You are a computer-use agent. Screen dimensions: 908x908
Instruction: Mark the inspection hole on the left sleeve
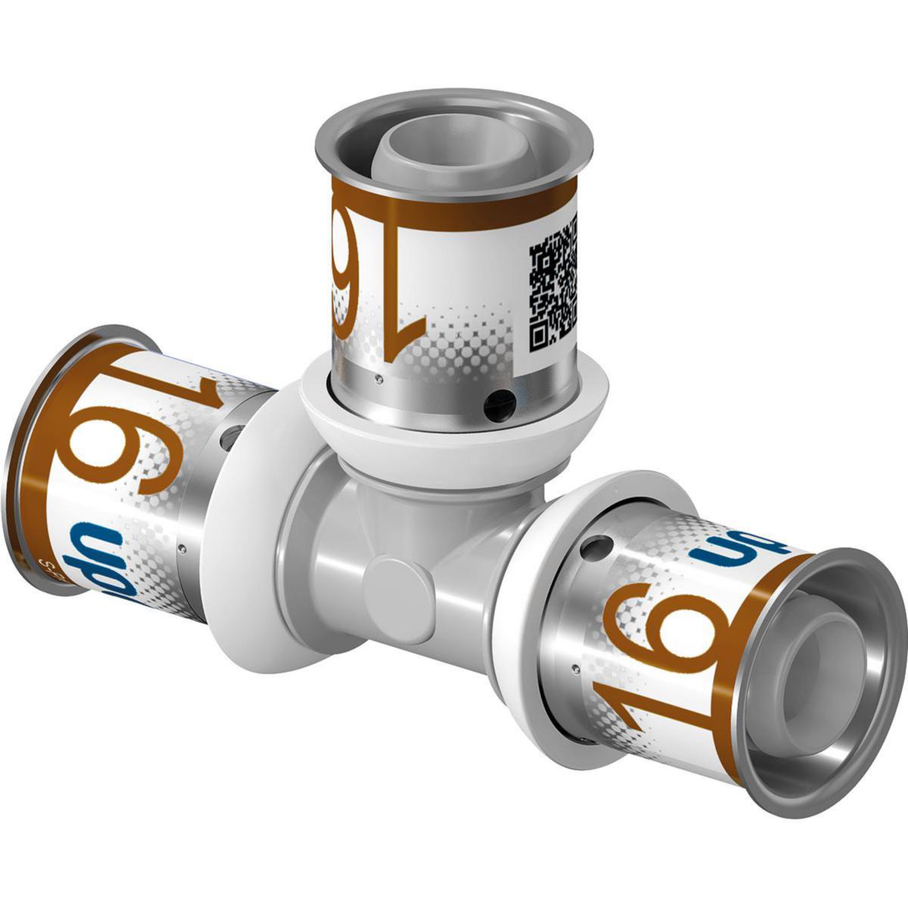point(232,434)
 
